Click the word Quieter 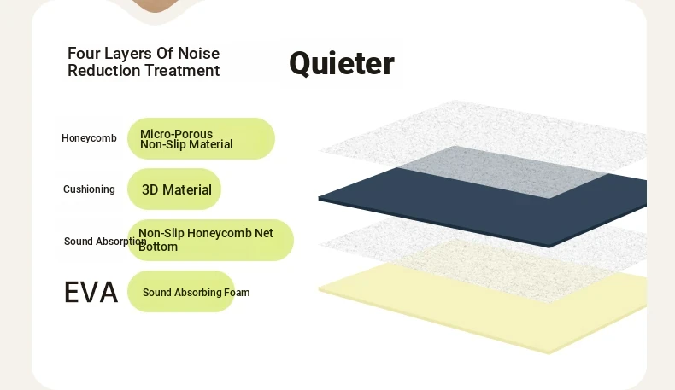[x=342, y=64]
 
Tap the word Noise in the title [x=198, y=53]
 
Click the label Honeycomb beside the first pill [x=89, y=138]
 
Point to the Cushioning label [x=89, y=189]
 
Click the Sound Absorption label [x=105, y=242]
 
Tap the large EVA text [x=91, y=293]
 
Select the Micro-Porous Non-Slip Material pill [x=201, y=139]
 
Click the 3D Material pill [x=174, y=189]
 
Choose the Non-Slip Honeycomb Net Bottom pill [x=210, y=240]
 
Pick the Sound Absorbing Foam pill [x=181, y=292]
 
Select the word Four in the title [x=84, y=53]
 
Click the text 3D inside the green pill [x=150, y=189]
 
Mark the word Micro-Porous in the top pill [x=177, y=134]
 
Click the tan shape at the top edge [x=155, y=4]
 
